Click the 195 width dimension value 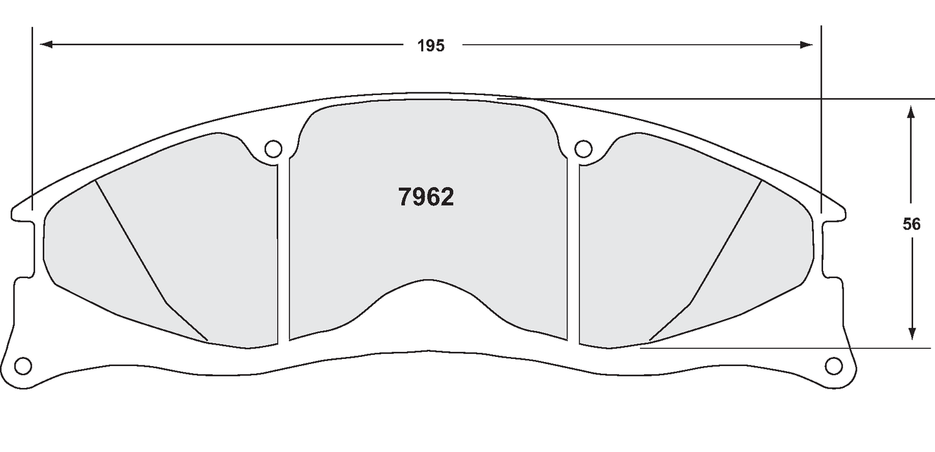430,45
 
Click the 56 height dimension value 911,224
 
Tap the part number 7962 426,197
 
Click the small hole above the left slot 274,149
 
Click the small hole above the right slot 583,149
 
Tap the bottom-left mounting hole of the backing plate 23,365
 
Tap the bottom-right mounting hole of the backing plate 834,365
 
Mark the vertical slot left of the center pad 283,252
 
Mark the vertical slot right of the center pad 573,252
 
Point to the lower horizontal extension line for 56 776,348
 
